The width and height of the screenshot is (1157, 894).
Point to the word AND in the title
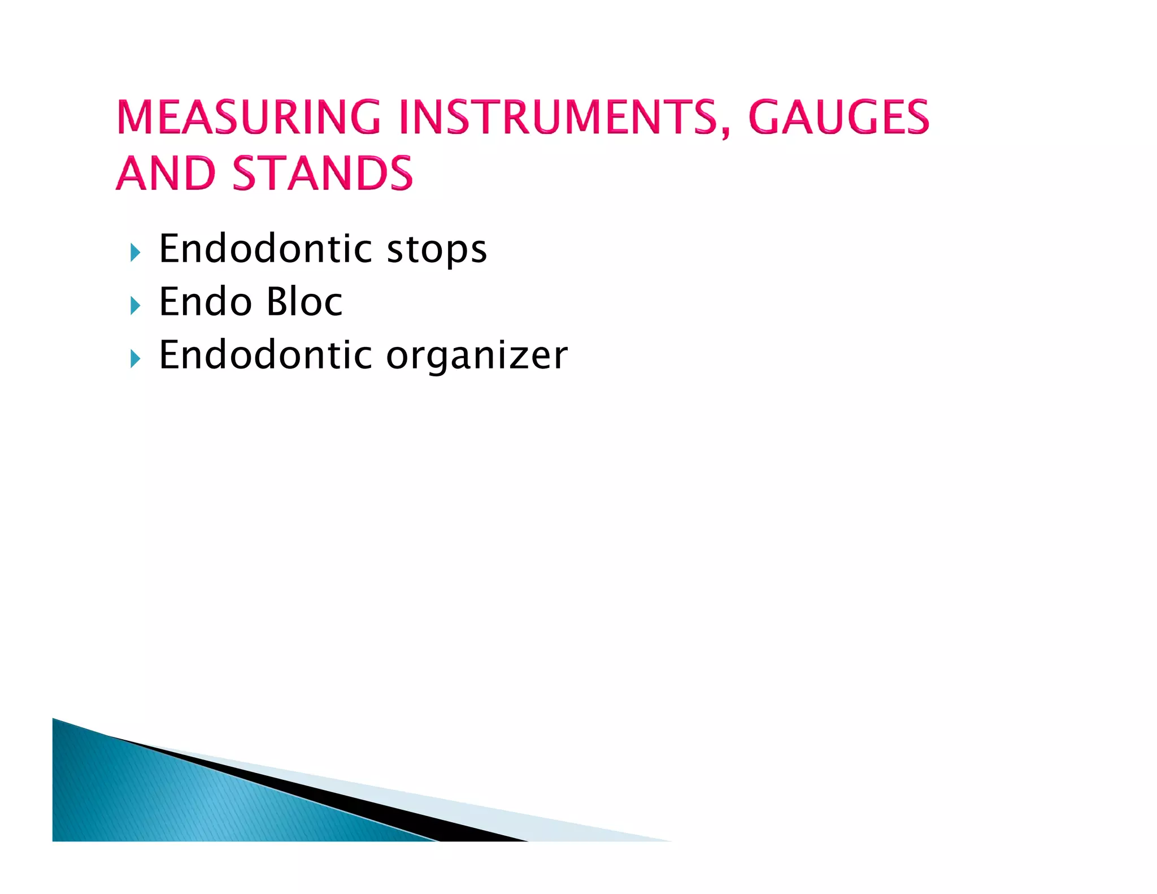tap(166, 173)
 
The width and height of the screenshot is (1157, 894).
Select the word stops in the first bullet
tap(436, 250)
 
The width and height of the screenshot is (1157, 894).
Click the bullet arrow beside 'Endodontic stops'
tap(134, 252)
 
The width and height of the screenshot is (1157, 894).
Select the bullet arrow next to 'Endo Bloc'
tap(134, 306)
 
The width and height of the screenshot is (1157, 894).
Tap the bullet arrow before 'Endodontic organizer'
tap(134, 358)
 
